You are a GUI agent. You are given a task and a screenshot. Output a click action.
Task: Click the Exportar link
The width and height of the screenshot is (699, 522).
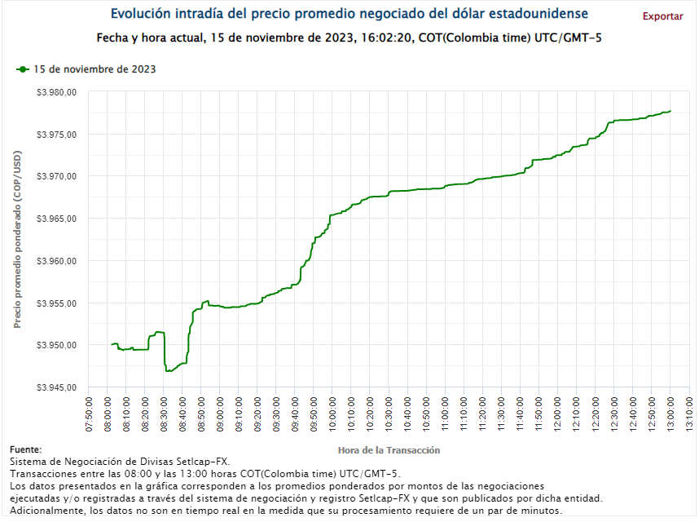(662, 16)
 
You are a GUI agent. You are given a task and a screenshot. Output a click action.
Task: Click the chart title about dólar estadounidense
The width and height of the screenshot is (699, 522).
(349, 15)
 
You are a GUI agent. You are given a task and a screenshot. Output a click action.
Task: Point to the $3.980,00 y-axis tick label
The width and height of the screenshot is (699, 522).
(57, 92)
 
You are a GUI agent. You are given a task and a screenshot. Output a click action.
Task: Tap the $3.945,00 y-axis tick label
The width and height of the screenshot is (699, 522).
(57, 387)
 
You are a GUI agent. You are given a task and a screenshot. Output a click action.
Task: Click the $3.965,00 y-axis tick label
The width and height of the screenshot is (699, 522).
(57, 219)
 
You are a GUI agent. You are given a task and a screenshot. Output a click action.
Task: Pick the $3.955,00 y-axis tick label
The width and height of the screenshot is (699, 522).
(57, 303)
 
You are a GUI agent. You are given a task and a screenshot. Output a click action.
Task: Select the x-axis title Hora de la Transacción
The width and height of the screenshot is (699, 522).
(389, 450)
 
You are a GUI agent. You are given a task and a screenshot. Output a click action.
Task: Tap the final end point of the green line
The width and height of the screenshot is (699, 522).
(670, 111)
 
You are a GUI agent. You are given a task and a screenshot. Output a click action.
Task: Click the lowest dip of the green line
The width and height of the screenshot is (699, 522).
(168, 371)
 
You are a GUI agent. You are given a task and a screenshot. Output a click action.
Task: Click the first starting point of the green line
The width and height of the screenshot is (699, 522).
(111, 344)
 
